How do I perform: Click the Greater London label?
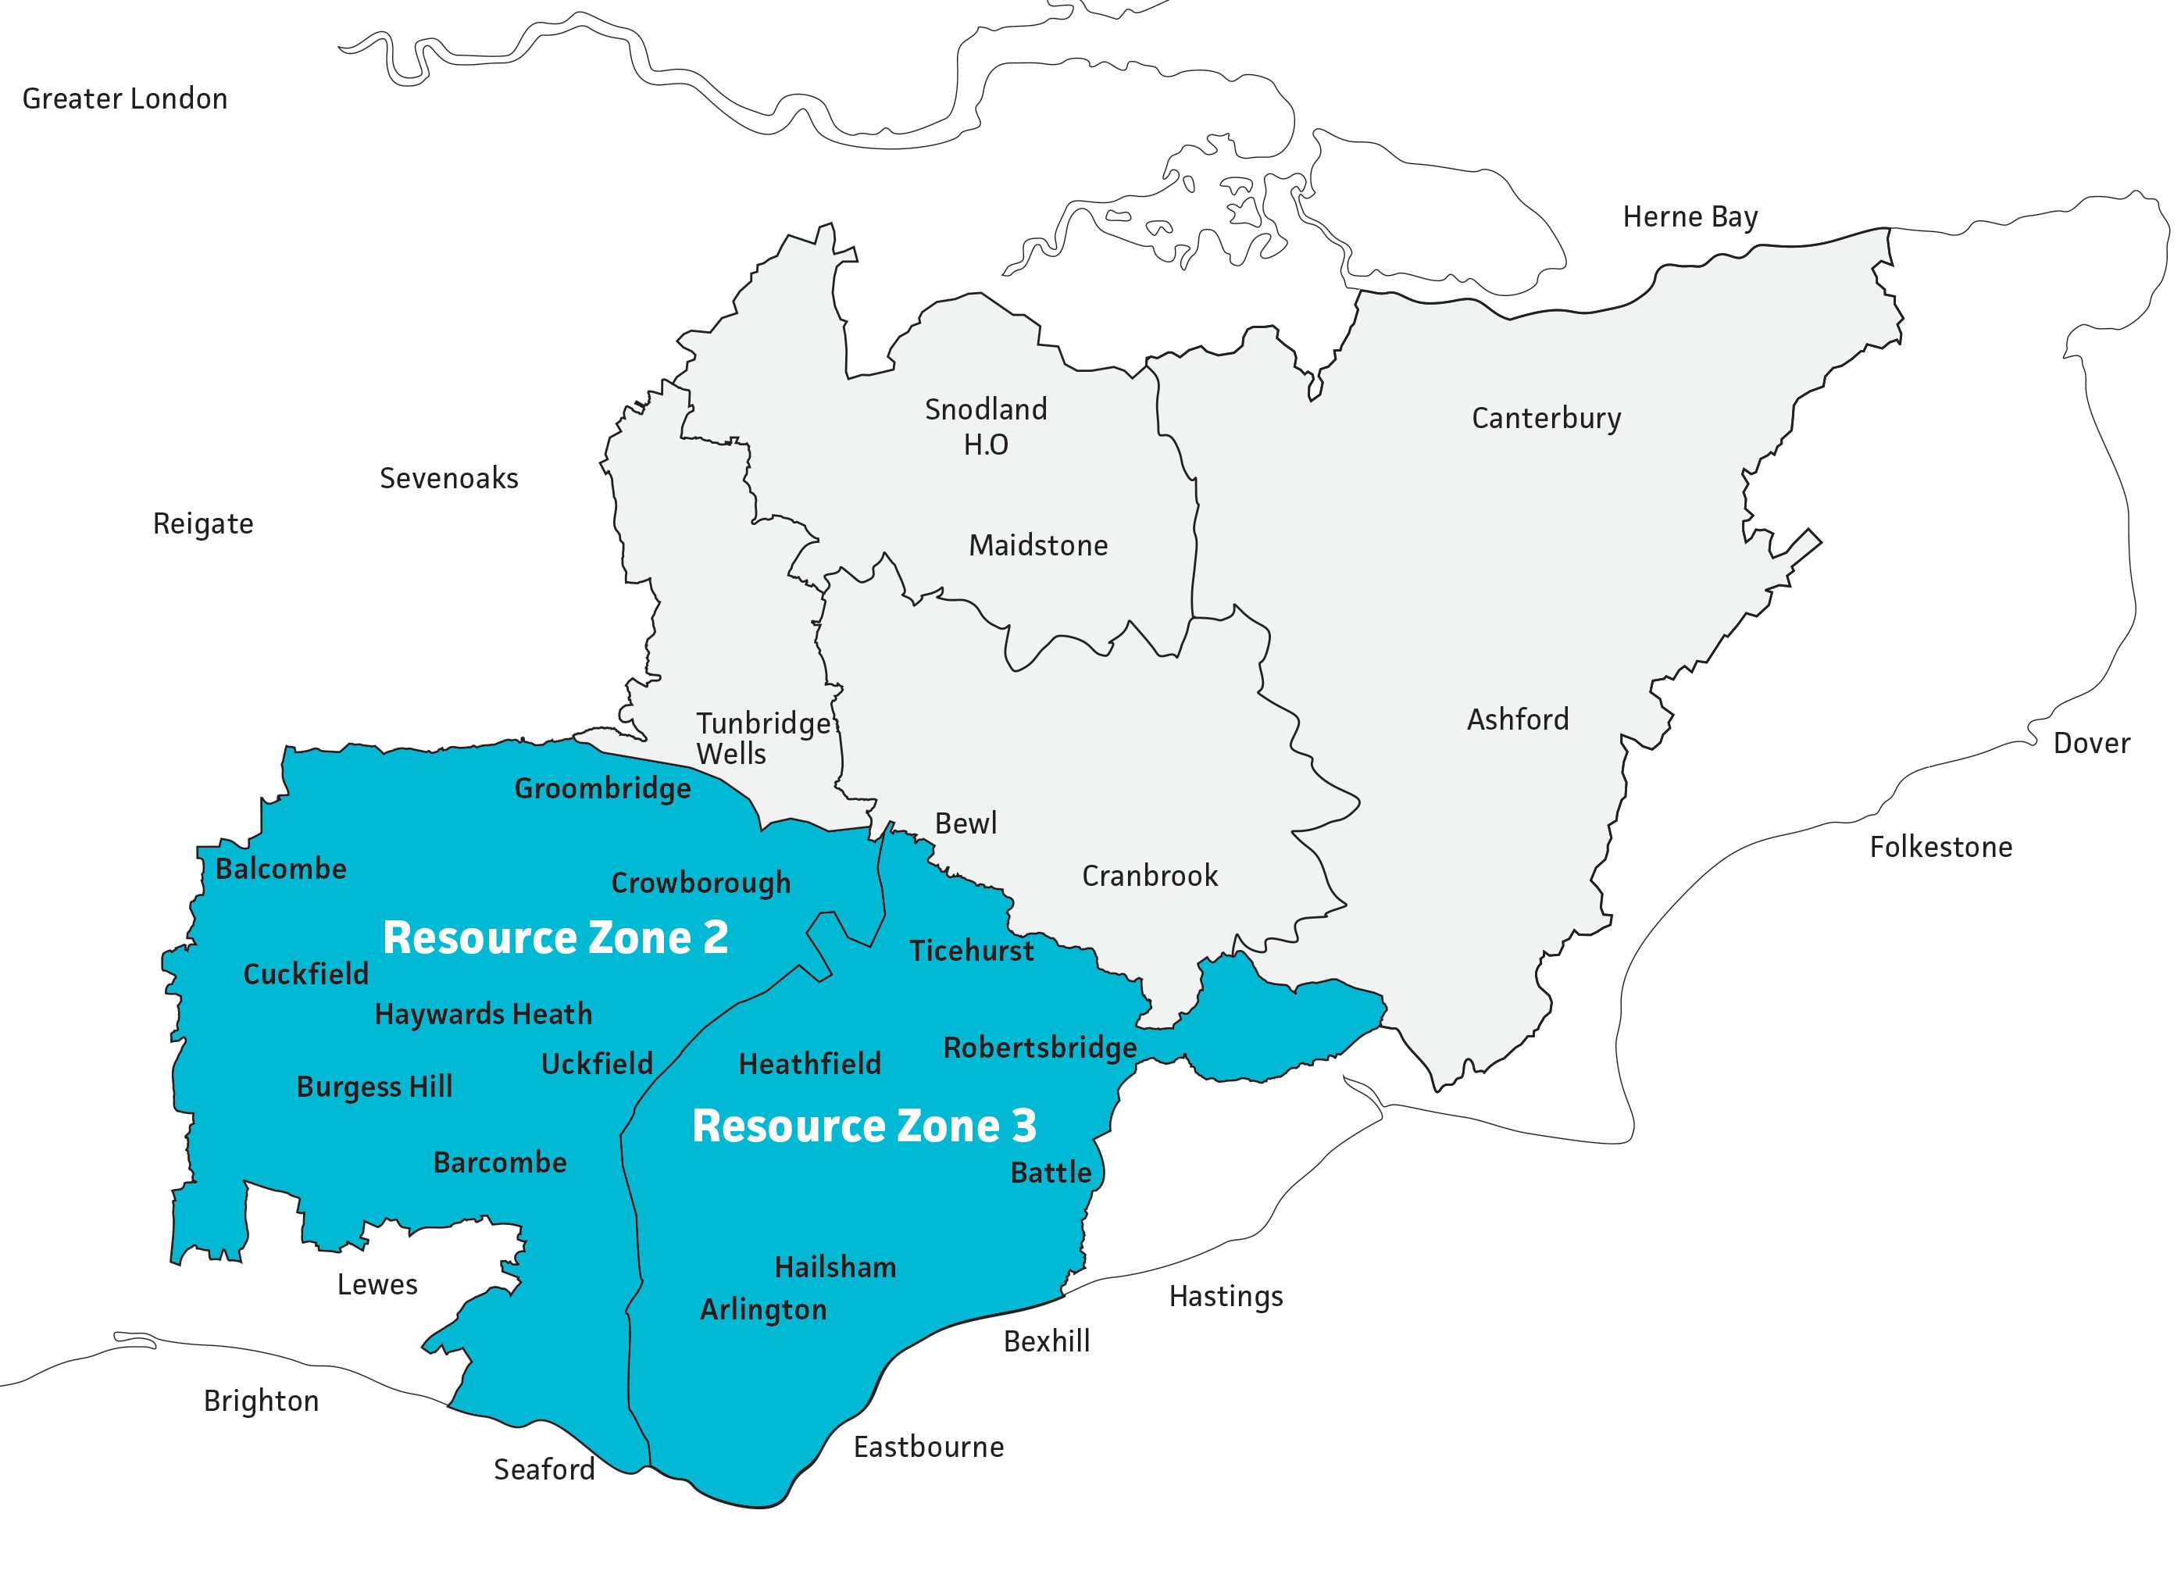point(124,99)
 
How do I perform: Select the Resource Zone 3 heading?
point(863,1126)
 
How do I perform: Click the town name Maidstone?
point(1037,545)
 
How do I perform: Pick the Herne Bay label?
point(1690,217)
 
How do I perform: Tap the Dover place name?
point(2092,742)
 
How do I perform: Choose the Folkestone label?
point(1940,847)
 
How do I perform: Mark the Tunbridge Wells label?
point(762,737)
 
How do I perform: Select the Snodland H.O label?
point(986,426)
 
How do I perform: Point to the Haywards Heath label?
point(483,1014)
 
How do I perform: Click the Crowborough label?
point(700,883)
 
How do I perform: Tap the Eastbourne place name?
point(928,1447)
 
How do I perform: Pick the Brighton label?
point(261,1401)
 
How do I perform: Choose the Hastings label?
point(1225,1296)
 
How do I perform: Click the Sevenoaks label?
point(448,478)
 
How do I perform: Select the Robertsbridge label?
point(1040,1047)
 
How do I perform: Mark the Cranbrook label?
point(1149,876)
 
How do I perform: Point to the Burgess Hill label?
point(374,1087)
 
